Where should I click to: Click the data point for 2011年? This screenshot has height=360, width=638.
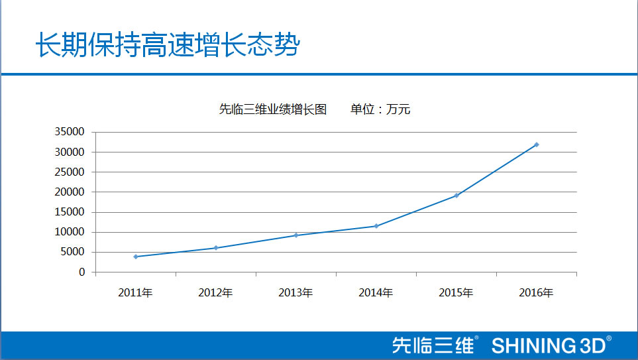tap(136, 257)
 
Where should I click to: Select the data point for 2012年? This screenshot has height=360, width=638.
tap(216, 248)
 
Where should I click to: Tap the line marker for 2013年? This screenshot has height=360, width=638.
tap(296, 235)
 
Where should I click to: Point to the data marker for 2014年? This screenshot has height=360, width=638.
tap(376, 226)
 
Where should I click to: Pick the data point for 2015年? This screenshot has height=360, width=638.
tap(456, 196)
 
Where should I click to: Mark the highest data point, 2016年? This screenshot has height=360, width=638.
tap(537, 145)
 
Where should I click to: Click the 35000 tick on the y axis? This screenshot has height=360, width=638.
tap(72, 132)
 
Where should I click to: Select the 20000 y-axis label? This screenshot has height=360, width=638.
tap(72, 192)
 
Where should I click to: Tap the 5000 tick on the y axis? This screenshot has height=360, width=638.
tap(74, 252)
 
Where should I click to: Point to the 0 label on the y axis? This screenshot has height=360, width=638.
tap(82, 272)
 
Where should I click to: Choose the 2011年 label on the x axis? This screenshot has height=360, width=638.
tap(135, 292)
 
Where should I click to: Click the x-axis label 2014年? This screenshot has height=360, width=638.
tap(376, 292)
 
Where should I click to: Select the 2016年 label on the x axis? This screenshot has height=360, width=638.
tap(536, 292)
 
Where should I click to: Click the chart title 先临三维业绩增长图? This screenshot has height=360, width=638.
tap(272, 109)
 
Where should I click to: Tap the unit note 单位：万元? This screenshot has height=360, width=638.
tap(380, 109)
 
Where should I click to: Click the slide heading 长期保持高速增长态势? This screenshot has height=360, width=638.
tap(167, 45)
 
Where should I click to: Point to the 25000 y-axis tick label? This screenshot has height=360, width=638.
tap(72, 172)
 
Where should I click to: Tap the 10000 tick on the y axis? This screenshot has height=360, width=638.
tap(72, 232)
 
